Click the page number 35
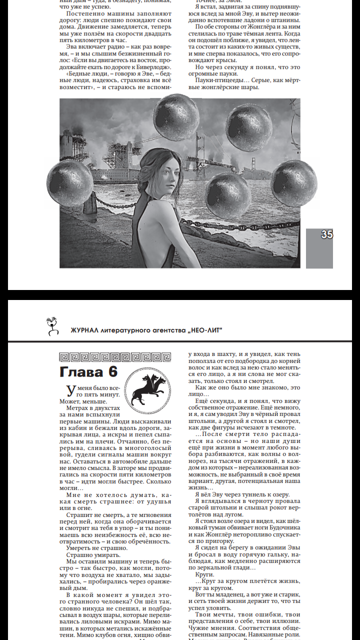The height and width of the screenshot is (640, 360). pyautogui.click(x=327, y=234)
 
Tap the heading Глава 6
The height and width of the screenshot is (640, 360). pyautogui.click(x=88, y=372)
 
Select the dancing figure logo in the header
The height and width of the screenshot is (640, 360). pyautogui.click(x=50, y=325)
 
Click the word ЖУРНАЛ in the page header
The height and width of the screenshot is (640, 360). pyautogui.click(x=87, y=330)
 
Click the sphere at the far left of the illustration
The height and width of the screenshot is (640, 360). pyautogui.click(x=70, y=183)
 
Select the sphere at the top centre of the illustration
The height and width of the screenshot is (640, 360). pyautogui.click(x=173, y=120)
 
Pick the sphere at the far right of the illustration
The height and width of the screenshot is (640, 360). pyautogui.click(x=294, y=183)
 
